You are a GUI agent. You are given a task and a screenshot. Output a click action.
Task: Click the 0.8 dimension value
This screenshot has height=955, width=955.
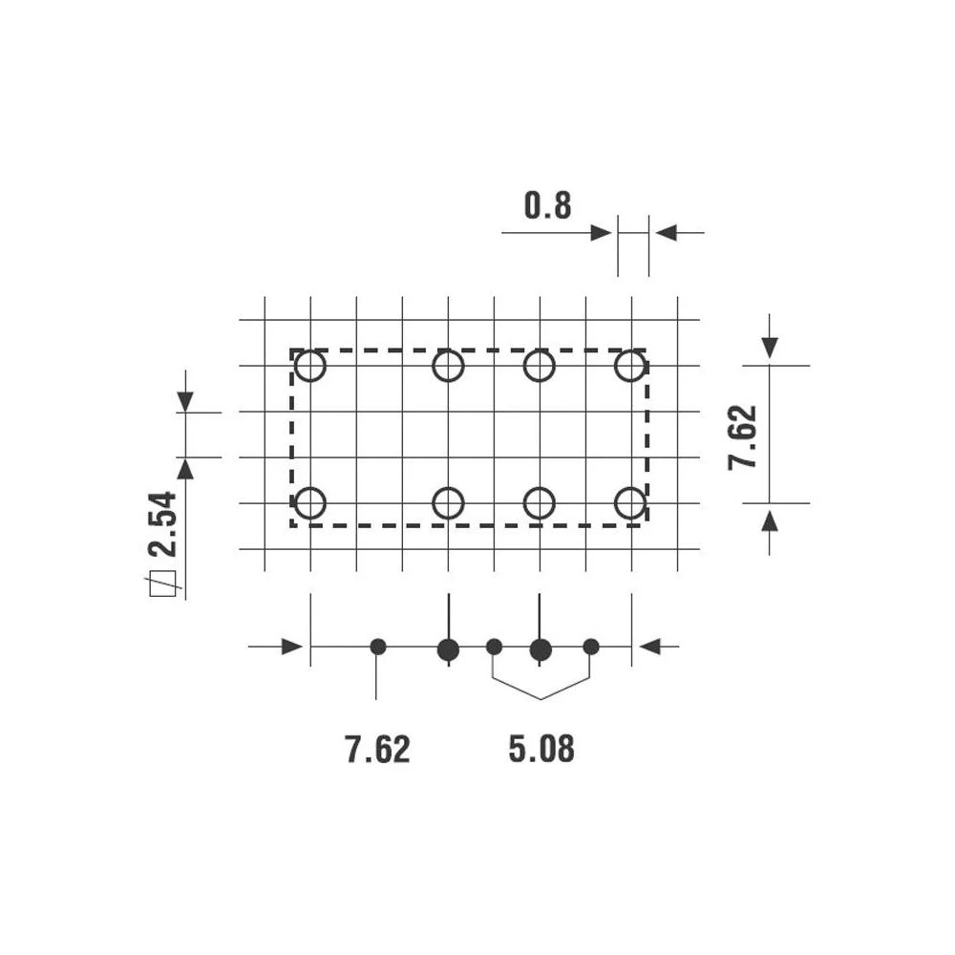(547, 205)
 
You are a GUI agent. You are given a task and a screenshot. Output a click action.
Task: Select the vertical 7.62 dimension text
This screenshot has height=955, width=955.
(743, 436)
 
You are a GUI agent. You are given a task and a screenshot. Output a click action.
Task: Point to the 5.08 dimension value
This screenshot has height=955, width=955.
(541, 750)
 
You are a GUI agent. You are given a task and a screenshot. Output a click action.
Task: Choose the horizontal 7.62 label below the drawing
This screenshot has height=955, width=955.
(378, 750)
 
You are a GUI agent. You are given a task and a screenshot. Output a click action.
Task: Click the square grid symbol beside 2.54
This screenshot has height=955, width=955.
(161, 584)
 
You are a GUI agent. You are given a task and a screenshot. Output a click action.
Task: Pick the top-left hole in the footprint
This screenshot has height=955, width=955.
(310, 366)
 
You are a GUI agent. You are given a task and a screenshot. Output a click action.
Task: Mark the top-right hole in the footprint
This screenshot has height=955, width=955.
(630, 366)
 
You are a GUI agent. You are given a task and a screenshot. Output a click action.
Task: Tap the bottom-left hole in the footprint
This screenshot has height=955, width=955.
(310, 502)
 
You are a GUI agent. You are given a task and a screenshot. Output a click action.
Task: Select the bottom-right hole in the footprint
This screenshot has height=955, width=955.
(630, 502)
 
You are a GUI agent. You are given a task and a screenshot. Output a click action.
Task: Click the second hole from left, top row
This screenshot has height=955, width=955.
(448, 366)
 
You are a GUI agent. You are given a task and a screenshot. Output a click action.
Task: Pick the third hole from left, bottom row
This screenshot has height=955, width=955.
(540, 502)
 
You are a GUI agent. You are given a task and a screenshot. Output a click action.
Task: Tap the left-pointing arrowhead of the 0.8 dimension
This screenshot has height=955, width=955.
(666, 232)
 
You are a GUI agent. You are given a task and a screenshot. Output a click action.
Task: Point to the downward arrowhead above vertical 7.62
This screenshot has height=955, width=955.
(770, 348)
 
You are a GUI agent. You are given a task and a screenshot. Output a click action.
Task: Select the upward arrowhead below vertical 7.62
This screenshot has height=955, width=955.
(770, 520)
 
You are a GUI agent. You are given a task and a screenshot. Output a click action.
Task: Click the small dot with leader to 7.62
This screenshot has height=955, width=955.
(378, 647)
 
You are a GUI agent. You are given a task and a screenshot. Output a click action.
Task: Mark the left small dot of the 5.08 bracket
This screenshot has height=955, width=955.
(494, 647)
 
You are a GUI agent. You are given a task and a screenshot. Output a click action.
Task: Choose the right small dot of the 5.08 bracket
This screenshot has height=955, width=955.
(591, 647)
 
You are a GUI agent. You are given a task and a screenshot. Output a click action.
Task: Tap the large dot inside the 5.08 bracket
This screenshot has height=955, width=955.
(541, 650)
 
